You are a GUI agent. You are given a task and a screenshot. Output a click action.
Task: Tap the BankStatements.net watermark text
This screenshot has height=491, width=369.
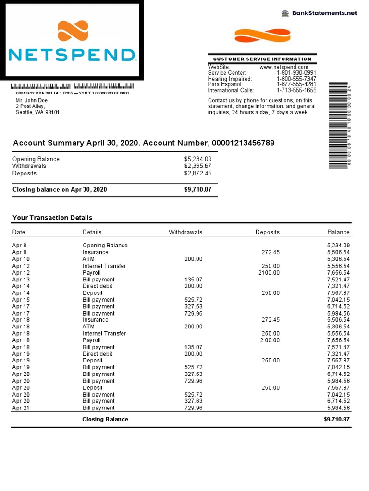point(325,13)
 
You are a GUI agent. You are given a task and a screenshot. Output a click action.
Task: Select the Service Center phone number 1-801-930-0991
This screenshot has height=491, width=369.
point(296,73)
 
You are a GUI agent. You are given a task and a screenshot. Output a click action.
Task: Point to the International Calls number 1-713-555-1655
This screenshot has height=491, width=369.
point(296,90)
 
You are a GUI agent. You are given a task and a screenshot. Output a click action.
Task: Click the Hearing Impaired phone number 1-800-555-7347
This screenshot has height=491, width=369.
point(296,79)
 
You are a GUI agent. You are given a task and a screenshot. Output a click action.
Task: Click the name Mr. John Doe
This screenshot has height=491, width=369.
point(32,100)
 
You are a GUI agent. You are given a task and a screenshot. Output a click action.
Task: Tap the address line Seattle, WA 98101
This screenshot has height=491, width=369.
point(38,112)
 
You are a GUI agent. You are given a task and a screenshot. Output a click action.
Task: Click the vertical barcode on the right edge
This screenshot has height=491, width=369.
point(338,126)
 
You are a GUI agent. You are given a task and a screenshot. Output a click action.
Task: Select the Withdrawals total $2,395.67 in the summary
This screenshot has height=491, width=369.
point(197,166)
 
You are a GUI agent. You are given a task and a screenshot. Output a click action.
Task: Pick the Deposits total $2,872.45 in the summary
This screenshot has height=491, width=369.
point(197,173)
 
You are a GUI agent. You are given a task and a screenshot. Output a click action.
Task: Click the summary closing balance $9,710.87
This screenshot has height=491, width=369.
point(197,190)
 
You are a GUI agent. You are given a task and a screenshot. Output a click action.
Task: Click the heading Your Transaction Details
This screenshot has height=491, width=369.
point(52,218)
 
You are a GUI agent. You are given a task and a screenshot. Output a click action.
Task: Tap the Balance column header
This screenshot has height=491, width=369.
point(338,232)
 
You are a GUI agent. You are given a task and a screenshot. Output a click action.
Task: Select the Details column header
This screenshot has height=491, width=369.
point(92,232)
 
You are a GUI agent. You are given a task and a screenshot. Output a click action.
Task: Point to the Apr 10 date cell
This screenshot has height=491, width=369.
point(21,259)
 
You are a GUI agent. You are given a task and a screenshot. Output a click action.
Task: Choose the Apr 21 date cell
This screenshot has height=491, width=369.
point(21,408)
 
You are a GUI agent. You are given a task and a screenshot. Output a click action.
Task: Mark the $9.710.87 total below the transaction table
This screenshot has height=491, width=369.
point(336,419)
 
